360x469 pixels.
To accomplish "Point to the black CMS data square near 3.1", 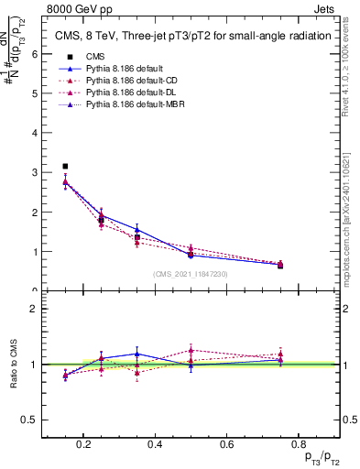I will pos(65,167).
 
